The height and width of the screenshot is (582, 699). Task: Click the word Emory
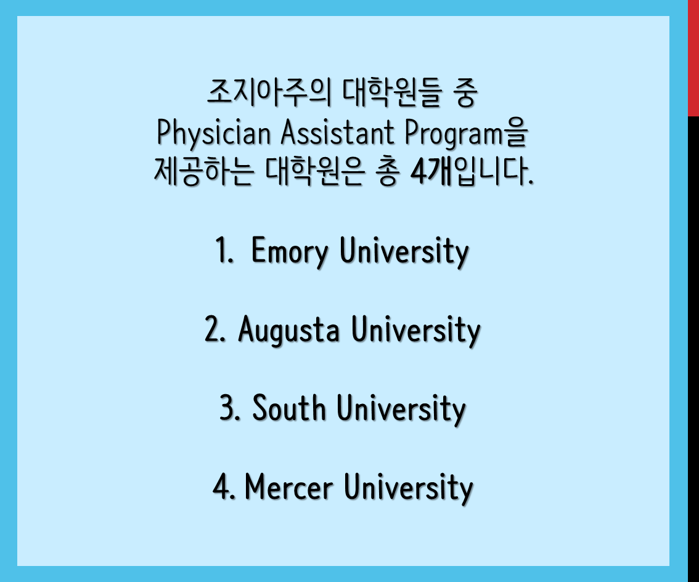290,252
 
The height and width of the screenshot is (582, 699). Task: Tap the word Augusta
288,331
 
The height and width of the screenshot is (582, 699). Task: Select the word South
289,408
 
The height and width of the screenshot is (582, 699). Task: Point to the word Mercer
289,487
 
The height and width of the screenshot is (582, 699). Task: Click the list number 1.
224,250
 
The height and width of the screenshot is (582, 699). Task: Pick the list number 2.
215,329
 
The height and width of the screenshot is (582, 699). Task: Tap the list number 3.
230,408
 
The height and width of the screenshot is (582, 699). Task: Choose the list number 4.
224,487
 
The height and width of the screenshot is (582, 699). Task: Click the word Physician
214,134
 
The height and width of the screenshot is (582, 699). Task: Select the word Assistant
337,132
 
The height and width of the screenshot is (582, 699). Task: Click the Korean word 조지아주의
269,92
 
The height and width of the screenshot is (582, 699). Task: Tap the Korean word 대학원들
392,92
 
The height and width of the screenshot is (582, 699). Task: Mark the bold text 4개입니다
472,171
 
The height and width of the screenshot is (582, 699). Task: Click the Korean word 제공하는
204,171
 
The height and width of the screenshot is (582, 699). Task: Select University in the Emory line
404,252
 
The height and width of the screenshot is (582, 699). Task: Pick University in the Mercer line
408,488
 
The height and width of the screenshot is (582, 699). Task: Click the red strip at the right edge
693,59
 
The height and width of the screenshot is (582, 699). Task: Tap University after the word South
401,410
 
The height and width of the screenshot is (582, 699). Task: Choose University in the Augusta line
416,331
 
